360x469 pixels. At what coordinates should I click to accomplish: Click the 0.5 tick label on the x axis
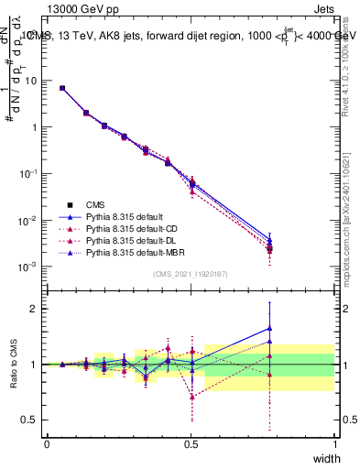[x=191, y=443]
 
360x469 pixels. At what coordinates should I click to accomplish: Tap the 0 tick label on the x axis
[x=47, y=443]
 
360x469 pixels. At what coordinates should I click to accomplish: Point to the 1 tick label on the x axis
[x=335, y=443]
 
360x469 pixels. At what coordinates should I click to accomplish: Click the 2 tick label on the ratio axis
[x=33, y=309]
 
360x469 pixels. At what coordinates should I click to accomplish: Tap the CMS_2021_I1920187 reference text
[x=191, y=273]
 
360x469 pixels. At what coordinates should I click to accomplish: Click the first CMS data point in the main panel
[x=62, y=88]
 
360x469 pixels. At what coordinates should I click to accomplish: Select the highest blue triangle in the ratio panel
[x=269, y=328]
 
